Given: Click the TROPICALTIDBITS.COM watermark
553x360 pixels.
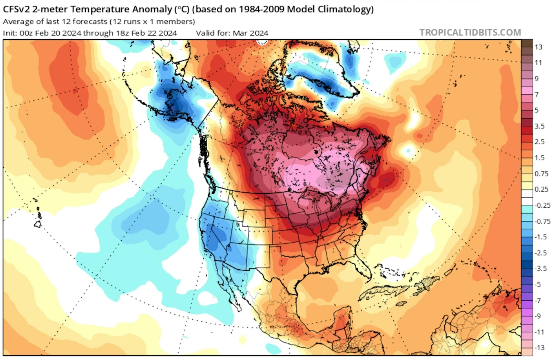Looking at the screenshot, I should (470, 33).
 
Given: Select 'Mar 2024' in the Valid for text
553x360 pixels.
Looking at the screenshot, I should (250, 33).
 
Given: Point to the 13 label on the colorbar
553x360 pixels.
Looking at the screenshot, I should (538, 47).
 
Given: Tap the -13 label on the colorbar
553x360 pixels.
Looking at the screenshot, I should (540, 347).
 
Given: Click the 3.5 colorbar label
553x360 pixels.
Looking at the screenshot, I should (540, 126).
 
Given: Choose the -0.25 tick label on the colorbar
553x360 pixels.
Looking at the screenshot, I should (542, 205).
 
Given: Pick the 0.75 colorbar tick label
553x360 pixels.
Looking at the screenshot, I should (541, 174).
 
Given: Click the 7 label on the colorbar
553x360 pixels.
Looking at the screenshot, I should (537, 95).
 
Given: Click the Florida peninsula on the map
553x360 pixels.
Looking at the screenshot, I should (365, 269).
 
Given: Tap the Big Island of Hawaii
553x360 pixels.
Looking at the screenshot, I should (38, 225).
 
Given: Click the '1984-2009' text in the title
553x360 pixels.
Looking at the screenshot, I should (261, 9).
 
